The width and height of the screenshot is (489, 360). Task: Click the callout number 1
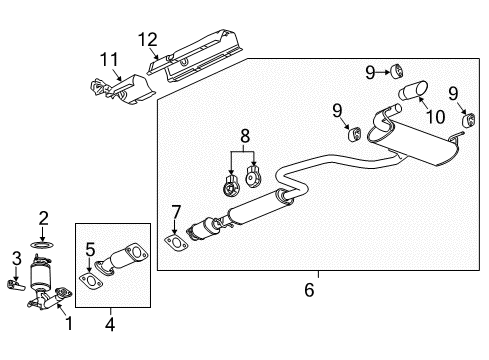69,324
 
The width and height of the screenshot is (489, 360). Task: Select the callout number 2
43,217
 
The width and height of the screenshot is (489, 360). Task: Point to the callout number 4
110,324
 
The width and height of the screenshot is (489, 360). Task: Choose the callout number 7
176,212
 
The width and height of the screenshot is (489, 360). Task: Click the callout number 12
148,40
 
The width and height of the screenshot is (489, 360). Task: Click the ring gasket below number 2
43,243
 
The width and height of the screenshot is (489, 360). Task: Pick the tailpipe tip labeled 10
410,95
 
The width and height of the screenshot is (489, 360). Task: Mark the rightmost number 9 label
455,93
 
